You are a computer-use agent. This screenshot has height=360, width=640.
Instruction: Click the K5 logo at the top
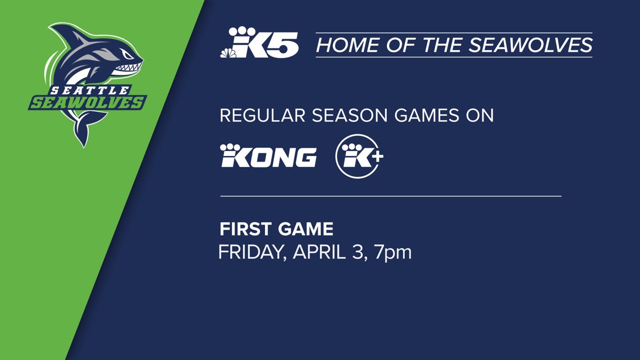[259, 43]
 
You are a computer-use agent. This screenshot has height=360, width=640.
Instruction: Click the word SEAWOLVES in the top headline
[531, 45]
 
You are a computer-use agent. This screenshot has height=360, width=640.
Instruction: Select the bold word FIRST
[244, 229]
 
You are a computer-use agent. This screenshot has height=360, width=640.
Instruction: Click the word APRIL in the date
[319, 252]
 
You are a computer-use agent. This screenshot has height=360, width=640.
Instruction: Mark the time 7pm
[393, 252]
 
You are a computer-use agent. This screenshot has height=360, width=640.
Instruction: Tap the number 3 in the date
[357, 252]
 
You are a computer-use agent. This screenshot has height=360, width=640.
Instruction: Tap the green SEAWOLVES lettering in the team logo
[87, 103]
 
